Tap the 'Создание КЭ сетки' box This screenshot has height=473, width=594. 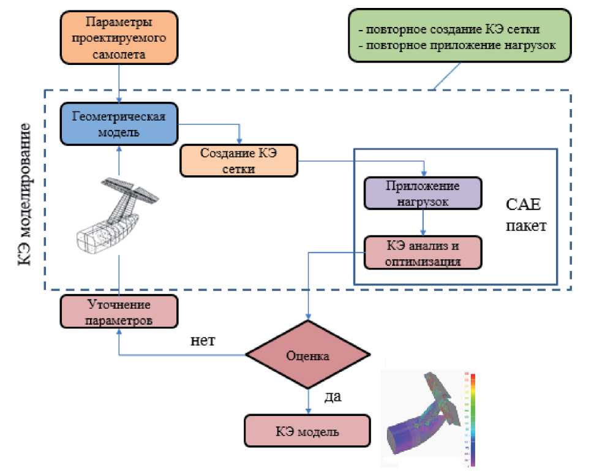coord(238,161)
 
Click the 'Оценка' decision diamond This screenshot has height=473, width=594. coord(307,355)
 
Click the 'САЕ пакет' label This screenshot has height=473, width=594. coord(525,215)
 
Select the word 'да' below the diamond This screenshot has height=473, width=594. coord(333,396)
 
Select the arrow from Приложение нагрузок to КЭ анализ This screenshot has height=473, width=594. coord(423,224)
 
